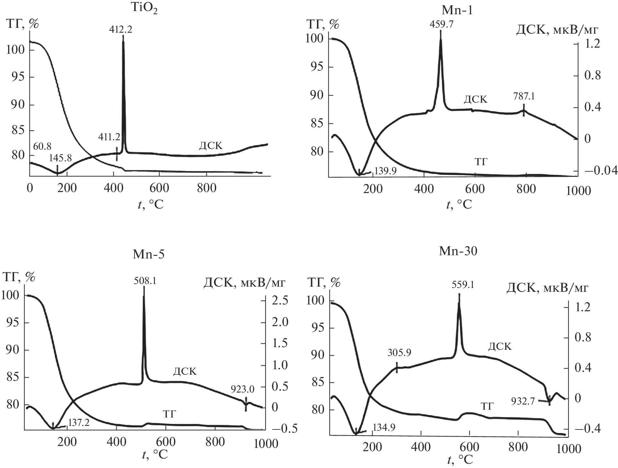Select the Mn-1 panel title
457,10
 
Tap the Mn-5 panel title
148,254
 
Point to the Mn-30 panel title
458,251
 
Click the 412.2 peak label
121,29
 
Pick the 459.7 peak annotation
441,24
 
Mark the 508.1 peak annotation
145,280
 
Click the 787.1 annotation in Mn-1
524,97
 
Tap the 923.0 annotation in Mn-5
242,389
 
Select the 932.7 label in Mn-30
523,402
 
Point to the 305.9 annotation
399,352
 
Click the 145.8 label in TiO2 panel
60,158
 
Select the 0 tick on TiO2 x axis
30,188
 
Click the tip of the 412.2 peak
123,36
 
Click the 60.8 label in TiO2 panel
42,146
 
